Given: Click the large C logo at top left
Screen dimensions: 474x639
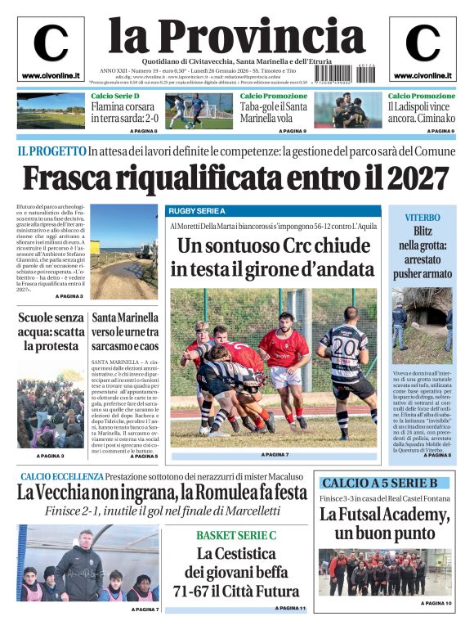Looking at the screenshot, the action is (x=51, y=44).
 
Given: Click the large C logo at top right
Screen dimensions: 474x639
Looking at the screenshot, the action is (x=423, y=44).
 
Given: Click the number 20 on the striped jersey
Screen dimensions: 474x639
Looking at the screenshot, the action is (x=344, y=346).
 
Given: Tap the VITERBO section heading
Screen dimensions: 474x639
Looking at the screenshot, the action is (x=423, y=217).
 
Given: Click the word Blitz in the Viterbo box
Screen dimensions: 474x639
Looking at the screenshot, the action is (x=423, y=231).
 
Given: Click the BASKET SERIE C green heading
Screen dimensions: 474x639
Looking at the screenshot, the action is (x=236, y=535).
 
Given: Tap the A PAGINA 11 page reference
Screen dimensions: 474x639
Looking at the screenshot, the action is (x=289, y=609).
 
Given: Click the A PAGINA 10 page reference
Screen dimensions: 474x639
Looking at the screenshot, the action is (x=436, y=603).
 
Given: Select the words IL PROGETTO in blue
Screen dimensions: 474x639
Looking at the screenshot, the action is (x=51, y=151).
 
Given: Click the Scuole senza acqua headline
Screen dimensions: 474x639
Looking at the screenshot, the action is (x=51, y=332).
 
